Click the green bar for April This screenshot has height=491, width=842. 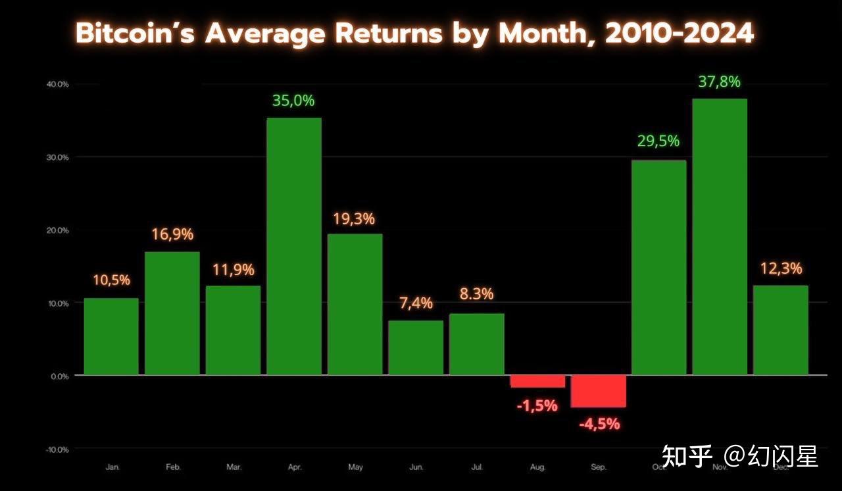pos(294,246)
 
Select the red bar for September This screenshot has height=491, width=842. pos(599,391)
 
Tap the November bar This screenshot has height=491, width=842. pos(720,237)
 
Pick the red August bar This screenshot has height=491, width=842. pos(537,381)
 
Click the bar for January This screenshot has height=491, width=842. pos(111,336)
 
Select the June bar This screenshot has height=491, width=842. pos(416,348)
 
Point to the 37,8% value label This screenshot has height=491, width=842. pos(719,82)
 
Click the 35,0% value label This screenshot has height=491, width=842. pos(293,101)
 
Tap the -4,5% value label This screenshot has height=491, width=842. pos(599,425)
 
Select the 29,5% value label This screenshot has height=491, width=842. pos(658,141)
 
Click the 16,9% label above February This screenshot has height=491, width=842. pos(172,234)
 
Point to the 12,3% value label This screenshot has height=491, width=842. pos(780,269)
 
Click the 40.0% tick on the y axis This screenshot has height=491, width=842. pos(58,84)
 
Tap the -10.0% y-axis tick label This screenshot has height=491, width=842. pos(57,450)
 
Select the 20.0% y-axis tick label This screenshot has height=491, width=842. pos(58,230)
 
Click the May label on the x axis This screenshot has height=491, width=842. pos(355,467)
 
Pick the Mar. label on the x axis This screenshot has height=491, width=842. pos(234,467)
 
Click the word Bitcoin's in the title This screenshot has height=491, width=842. pos(136,33)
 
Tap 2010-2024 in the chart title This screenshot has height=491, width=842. pos(680,33)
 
